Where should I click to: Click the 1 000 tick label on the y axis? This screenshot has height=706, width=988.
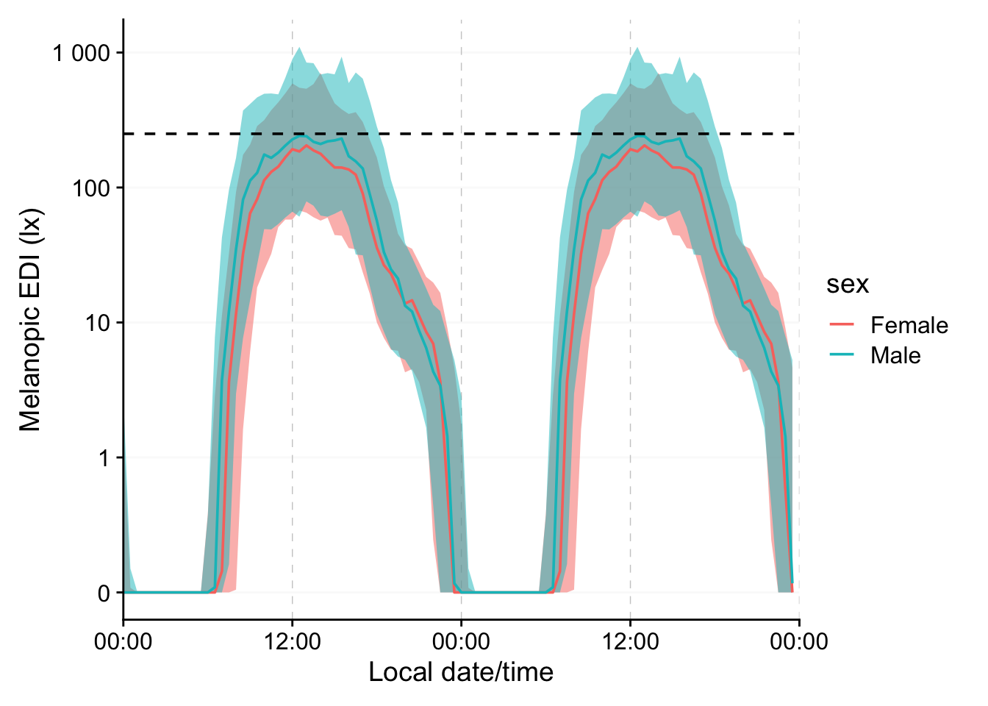click(81, 54)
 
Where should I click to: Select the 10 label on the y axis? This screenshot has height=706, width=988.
click(96, 323)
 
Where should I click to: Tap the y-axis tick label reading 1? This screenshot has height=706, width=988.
click(103, 458)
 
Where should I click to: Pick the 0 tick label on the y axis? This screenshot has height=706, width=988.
click(103, 593)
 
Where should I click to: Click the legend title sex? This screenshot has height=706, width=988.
click(847, 284)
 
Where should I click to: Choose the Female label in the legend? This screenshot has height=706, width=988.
click(909, 325)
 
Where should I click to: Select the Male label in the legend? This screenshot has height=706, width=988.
click(895, 355)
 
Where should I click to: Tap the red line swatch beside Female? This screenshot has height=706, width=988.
click(842, 324)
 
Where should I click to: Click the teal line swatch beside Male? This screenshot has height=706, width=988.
click(842, 354)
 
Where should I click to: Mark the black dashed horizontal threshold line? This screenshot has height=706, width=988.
click(191, 134)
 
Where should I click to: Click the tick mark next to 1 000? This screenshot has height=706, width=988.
click(119, 53)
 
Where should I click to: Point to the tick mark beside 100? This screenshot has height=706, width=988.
click(119, 188)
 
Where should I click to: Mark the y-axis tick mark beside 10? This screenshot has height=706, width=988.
click(119, 323)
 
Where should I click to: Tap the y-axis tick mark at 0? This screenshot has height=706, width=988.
click(119, 593)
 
